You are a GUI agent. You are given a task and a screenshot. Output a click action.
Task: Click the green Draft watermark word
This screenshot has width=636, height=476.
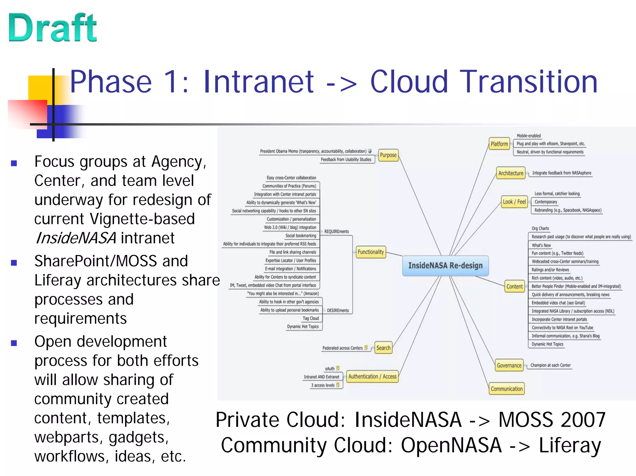tap(53, 28)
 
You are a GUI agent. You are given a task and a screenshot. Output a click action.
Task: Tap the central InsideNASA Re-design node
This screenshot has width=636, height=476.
tap(445, 266)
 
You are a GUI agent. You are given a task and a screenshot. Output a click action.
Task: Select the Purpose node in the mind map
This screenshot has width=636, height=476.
tap(388, 155)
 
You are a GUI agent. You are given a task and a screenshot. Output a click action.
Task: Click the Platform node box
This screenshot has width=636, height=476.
tap(499, 144)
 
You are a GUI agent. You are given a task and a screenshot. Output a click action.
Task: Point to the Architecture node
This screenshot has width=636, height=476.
tap(511, 173)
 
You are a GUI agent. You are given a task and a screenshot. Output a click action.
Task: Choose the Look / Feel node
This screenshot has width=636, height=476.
tap(514, 202)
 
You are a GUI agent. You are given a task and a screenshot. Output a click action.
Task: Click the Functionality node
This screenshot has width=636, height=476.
tap(370, 252)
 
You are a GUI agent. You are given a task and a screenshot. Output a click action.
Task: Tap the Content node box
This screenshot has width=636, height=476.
tap(515, 286)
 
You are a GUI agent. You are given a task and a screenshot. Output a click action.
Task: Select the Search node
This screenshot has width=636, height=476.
tap(383, 348)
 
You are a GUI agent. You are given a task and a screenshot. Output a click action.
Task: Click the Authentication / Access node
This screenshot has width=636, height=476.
tap(372, 376)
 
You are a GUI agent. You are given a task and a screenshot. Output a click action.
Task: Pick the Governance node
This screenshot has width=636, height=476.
tap(509, 366)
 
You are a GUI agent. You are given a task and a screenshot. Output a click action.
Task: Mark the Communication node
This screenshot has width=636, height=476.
tap(507, 389)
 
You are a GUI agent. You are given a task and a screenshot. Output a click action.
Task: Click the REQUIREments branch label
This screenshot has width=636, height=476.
tap(337, 231)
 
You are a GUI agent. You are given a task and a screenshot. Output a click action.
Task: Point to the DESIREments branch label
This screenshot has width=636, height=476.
tap(338, 310)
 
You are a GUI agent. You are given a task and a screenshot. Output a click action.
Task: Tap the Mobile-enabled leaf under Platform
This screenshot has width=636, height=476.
tap(529, 136)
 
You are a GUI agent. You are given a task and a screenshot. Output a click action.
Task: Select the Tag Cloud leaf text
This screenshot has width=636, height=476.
tap(311, 318)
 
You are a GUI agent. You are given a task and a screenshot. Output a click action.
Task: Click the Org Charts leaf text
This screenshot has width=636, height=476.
tap(540, 228)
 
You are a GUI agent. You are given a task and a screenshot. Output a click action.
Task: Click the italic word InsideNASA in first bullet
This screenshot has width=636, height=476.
tap(76, 238)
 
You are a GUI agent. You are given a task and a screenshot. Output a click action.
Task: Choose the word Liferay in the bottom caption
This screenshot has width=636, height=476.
tap(570, 445)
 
